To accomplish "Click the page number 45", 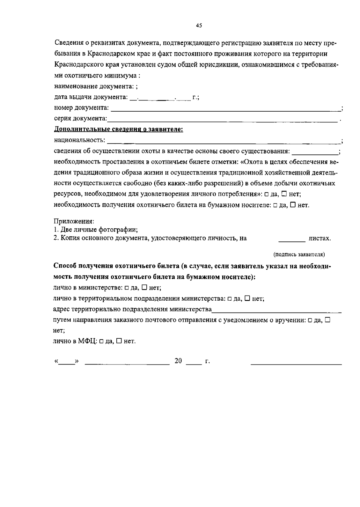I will tap(199, 25).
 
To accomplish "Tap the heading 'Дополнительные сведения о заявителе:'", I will tap(118, 130).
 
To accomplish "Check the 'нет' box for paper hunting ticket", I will tap(293, 205).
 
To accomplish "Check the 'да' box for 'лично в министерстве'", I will tap(127, 288).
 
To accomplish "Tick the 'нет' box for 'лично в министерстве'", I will tap(144, 287).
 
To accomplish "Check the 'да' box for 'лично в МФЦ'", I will tap(101, 341).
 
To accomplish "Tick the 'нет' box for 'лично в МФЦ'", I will tap(119, 341).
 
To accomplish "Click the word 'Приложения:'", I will tap(74, 221).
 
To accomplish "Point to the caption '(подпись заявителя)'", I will tap(299, 254).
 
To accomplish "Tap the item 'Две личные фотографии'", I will tap(99, 230).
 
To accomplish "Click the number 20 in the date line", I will tap(178, 361).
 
